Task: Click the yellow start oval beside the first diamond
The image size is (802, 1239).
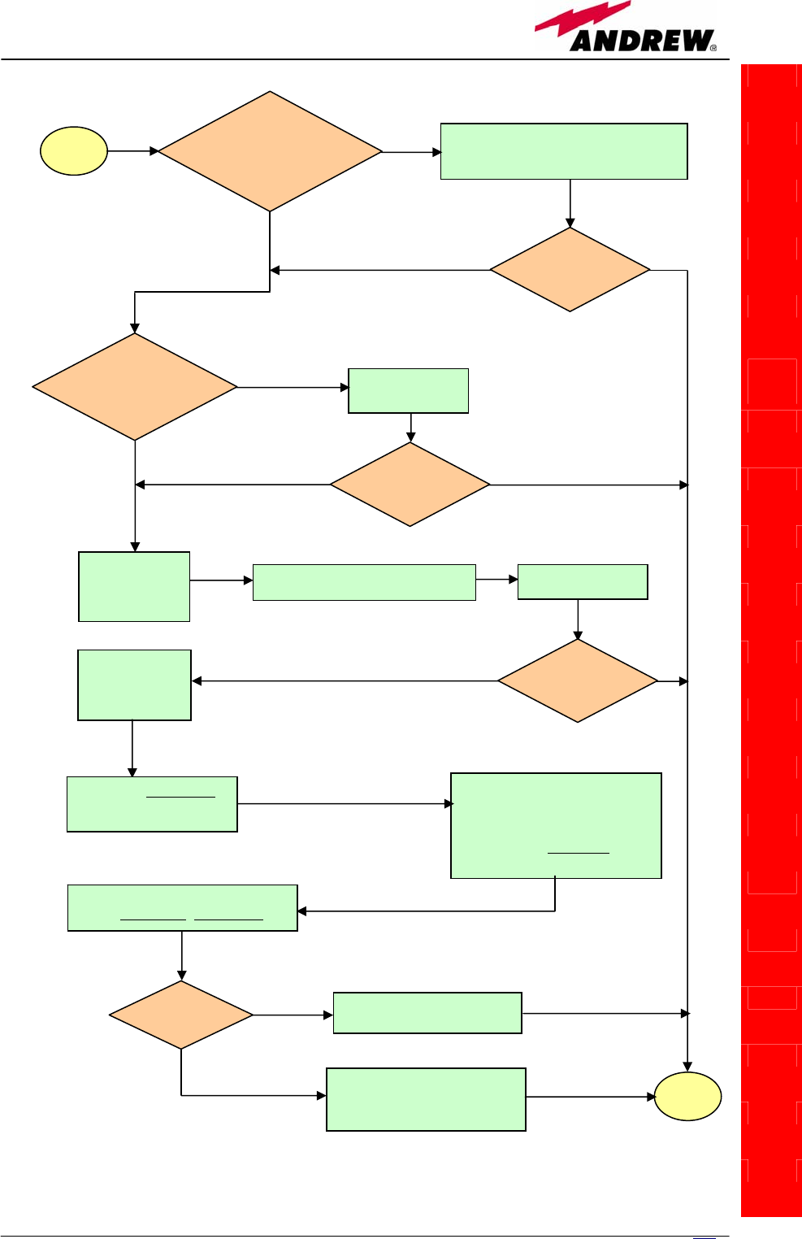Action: pyautogui.click(x=74, y=151)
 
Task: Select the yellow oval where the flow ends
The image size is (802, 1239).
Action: pyautogui.click(x=687, y=1097)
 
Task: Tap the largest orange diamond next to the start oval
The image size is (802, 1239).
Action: pyautogui.click(x=270, y=151)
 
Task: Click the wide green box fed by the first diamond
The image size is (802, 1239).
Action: pyautogui.click(x=564, y=151)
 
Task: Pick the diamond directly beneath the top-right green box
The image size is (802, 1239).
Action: pyautogui.click(x=570, y=270)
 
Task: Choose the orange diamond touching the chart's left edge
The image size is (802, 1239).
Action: pyautogui.click(x=135, y=387)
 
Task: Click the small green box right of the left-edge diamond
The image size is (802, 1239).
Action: pyautogui.click(x=408, y=391)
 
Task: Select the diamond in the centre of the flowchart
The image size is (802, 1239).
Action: pyautogui.click(x=410, y=485)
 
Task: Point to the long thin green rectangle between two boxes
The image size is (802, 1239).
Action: pyautogui.click(x=364, y=582)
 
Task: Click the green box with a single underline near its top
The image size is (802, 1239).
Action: pyautogui.click(x=152, y=804)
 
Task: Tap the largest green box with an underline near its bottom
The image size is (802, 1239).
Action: pyautogui.click(x=556, y=825)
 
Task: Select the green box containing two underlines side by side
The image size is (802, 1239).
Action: pyautogui.click(x=182, y=907)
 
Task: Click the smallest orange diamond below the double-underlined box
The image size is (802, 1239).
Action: pyautogui.click(x=181, y=1015)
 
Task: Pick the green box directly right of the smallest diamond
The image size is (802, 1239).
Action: pyautogui.click(x=427, y=1013)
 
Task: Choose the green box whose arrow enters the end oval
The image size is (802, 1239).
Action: pyautogui.click(x=426, y=1099)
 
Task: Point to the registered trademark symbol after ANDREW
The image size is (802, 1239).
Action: pyautogui.click(x=713, y=48)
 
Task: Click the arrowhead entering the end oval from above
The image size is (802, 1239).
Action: pyautogui.click(x=687, y=1066)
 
